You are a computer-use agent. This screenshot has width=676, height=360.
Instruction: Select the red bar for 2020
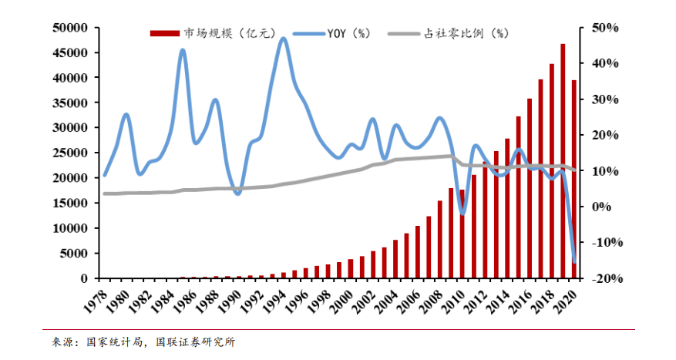[x=573, y=178]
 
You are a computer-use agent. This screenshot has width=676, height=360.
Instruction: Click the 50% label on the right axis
[x=605, y=29]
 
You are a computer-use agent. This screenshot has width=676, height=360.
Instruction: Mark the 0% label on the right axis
[x=602, y=207]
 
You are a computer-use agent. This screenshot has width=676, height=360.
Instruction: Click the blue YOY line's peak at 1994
[x=283, y=38]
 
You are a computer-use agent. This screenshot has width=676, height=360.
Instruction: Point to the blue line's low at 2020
[x=574, y=262]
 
